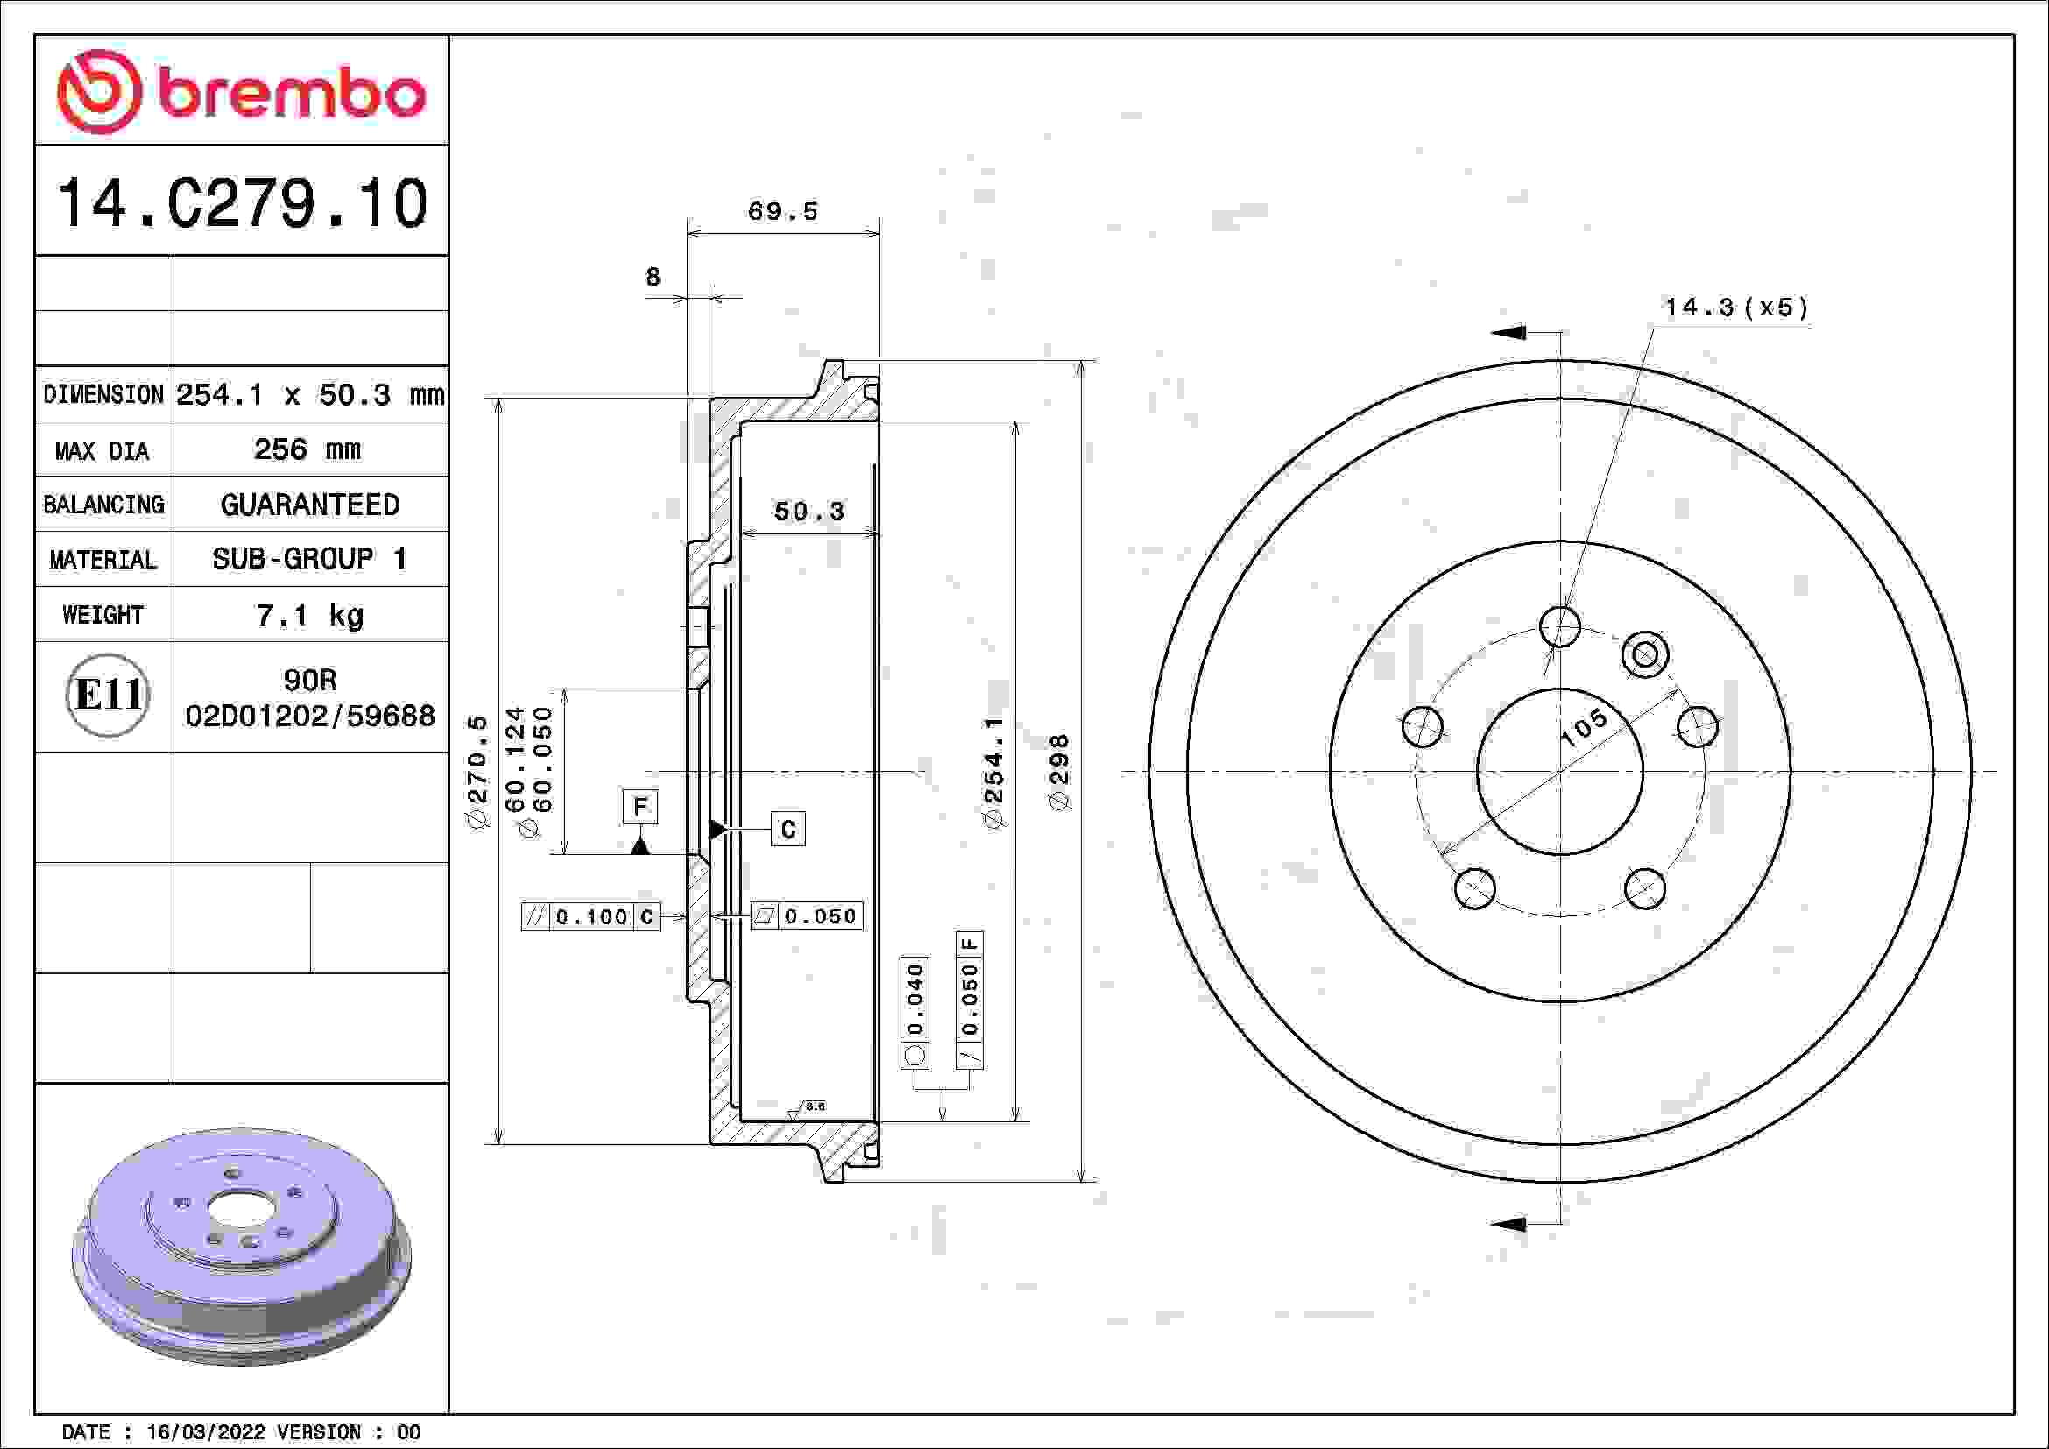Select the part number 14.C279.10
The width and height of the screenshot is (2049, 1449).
(x=242, y=203)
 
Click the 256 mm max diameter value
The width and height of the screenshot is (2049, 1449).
(x=307, y=449)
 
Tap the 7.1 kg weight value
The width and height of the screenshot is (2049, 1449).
(x=309, y=615)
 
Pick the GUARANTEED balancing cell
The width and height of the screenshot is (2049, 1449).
(x=309, y=505)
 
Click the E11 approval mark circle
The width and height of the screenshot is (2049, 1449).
(x=107, y=695)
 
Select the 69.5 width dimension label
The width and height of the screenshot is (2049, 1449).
(x=781, y=211)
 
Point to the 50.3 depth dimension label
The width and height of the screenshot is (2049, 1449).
(x=808, y=512)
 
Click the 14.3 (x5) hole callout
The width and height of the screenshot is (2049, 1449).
(x=1735, y=307)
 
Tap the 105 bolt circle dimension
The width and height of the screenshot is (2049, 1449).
(x=1583, y=727)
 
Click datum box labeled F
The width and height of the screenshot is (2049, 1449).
(x=639, y=807)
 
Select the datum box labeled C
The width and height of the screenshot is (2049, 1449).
(x=788, y=829)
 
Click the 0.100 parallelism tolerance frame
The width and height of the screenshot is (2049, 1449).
(x=590, y=916)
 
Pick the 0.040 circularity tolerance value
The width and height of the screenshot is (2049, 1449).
(x=915, y=998)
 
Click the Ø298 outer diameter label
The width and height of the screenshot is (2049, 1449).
(x=1058, y=772)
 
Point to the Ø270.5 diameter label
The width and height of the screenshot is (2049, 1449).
(x=478, y=772)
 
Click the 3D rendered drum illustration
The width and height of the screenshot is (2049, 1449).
(x=241, y=1246)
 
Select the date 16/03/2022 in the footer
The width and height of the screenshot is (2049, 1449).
(x=205, y=1432)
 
